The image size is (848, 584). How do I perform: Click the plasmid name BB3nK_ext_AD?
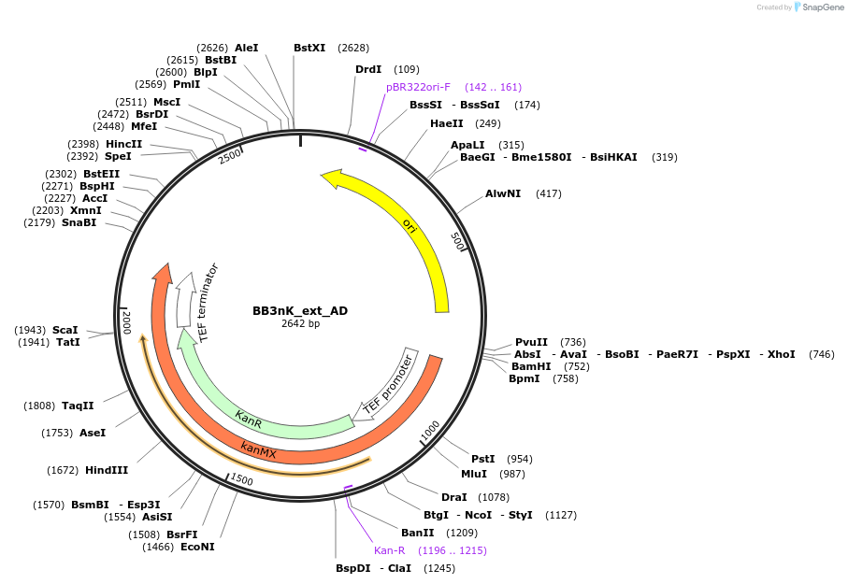click(300, 310)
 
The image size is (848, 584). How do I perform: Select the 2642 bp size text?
click(300, 324)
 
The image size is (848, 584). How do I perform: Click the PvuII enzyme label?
click(531, 343)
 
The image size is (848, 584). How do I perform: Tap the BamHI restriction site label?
click(531, 366)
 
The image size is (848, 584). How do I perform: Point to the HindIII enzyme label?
click(107, 470)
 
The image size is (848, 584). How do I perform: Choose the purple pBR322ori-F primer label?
click(418, 87)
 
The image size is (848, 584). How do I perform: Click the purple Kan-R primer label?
click(390, 550)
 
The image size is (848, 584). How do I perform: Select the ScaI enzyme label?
click(65, 330)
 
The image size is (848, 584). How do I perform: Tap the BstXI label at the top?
click(309, 48)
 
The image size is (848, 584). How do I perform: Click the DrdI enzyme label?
click(368, 69)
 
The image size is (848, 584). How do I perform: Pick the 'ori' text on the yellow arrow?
click(409, 224)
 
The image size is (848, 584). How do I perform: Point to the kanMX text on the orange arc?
click(258, 450)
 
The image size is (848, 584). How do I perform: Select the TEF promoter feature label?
click(388, 383)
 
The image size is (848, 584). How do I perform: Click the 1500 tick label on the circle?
click(241, 479)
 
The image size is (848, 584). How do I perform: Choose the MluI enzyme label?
click(474, 474)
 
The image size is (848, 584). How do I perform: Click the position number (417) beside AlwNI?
click(549, 193)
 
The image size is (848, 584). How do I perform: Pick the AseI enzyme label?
click(93, 433)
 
